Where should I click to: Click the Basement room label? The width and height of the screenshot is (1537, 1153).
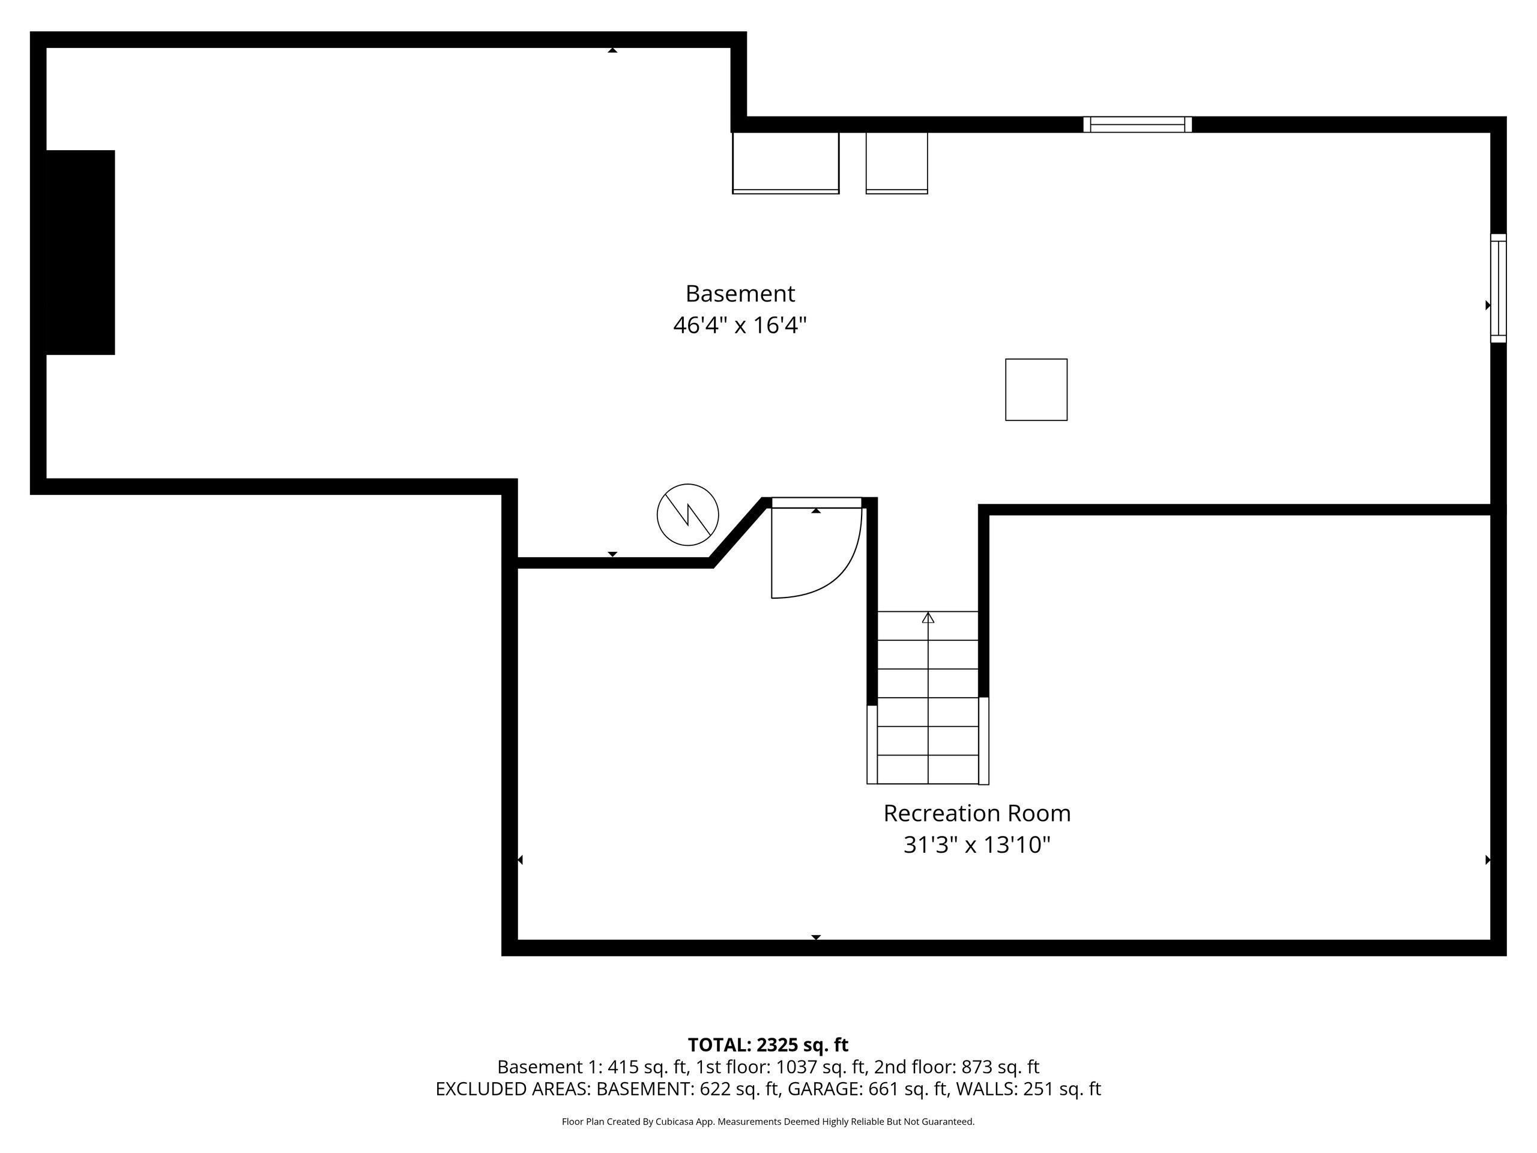pyautogui.click(x=740, y=294)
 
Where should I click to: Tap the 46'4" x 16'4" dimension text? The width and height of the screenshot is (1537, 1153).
pyautogui.click(x=740, y=325)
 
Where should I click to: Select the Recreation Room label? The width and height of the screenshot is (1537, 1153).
pyautogui.click(x=977, y=813)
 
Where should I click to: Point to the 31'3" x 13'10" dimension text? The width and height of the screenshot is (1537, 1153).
pyautogui.click(x=977, y=845)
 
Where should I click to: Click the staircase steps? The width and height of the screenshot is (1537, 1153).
pyautogui.click(x=928, y=698)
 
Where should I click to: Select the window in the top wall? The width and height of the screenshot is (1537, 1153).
pyautogui.click(x=1138, y=124)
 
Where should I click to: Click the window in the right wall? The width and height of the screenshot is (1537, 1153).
pyautogui.click(x=1499, y=288)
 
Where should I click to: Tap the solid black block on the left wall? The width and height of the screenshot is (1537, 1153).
pyautogui.click(x=80, y=252)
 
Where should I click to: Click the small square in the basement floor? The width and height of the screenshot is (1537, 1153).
pyautogui.click(x=1036, y=390)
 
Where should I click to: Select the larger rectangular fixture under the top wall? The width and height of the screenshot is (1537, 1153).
pyautogui.click(x=786, y=163)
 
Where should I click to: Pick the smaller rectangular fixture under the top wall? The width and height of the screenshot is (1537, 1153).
pyautogui.click(x=896, y=163)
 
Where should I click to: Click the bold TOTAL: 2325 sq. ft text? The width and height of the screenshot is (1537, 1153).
pyautogui.click(x=768, y=1044)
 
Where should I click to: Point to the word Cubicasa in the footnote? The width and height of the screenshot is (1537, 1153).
pyautogui.click(x=673, y=1122)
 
